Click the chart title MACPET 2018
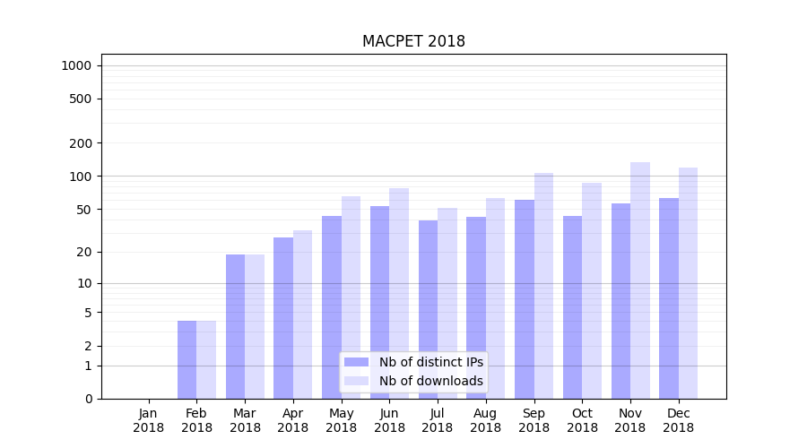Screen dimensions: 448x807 click(413, 41)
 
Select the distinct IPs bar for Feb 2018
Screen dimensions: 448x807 click(187, 359)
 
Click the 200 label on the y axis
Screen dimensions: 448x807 click(81, 143)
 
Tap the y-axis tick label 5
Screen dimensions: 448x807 click(88, 313)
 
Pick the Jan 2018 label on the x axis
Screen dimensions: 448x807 click(149, 420)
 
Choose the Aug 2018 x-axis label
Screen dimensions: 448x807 click(486, 420)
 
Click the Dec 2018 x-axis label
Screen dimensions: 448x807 click(679, 420)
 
